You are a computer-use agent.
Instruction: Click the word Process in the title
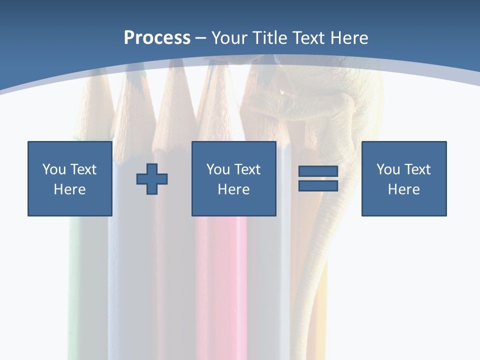(x=157, y=38)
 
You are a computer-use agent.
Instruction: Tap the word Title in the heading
(x=270, y=38)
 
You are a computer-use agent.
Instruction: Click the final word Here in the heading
(x=349, y=38)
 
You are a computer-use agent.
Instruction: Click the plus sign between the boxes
(x=152, y=179)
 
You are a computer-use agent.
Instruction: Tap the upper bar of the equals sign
(x=318, y=171)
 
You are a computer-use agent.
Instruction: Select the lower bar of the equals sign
(x=318, y=186)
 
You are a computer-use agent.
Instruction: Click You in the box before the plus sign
(x=54, y=169)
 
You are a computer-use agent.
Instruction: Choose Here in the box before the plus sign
(x=69, y=189)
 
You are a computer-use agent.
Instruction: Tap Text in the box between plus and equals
(x=246, y=169)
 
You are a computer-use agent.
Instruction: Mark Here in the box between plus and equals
(x=233, y=189)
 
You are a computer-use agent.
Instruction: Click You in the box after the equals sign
(x=388, y=169)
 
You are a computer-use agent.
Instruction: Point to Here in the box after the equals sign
(x=403, y=189)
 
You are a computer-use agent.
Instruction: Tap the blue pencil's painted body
(x=125, y=280)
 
